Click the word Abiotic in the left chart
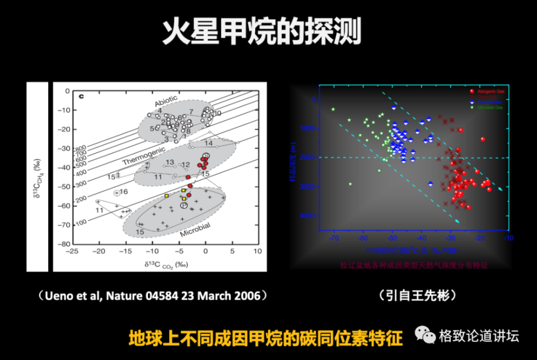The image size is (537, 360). [166, 103]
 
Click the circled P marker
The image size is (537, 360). [184, 206]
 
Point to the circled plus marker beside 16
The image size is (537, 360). [117, 192]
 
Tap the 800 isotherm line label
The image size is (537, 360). [81, 149]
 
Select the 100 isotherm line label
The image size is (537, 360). [81, 222]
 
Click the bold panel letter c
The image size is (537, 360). [82, 97]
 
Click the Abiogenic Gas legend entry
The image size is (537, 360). [488, 91]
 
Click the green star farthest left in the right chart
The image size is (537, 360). [333, 110]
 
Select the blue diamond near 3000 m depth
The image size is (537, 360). [431, 184]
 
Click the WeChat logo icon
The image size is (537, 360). [425, 336]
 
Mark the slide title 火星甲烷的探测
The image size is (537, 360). [262, 32]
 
